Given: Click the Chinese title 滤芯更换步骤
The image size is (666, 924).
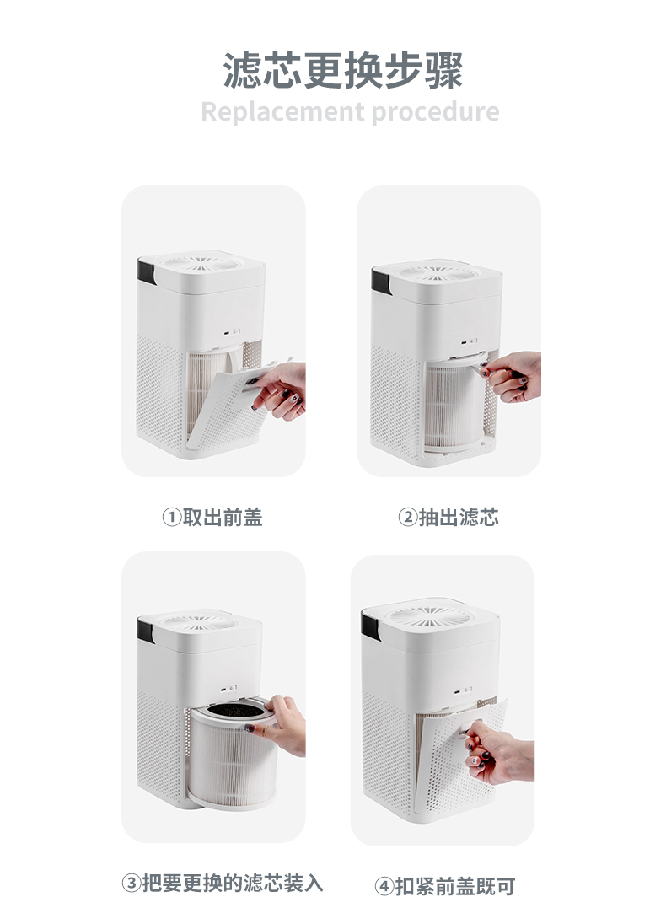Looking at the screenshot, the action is pos(343,70).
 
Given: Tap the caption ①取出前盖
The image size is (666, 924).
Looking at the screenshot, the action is pos(212,517).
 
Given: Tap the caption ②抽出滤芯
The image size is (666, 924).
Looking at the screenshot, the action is pos(448,517).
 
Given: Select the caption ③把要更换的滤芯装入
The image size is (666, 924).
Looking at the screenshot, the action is pos(223,883).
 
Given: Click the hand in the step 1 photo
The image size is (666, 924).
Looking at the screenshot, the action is pos(278,390).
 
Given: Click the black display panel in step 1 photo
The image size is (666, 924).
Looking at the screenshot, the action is pos(146,271).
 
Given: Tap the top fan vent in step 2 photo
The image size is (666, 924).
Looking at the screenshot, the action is pos(437,273).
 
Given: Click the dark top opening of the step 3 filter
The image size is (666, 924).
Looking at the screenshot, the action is pos(236,710).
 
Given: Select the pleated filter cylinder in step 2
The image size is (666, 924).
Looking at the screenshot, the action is pos(455,406).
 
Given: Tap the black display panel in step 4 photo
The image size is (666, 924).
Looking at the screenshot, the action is pos(370,626).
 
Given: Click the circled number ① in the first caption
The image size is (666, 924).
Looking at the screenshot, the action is pos(171,518).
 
